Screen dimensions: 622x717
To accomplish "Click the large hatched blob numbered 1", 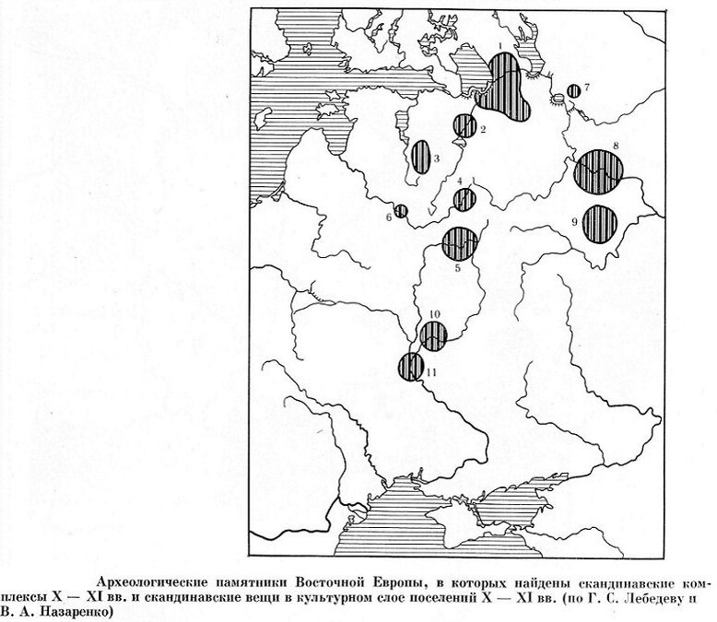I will (506, 85).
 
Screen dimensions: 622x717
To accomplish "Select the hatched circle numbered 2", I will (464, 125).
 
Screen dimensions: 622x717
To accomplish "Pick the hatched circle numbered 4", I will (464, 199).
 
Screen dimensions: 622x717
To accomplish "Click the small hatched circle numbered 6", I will (401, 211).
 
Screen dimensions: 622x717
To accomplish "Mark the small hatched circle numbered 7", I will (573, 90).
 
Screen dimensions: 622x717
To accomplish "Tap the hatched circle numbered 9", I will (600, 224).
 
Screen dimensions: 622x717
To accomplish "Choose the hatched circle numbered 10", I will (434, 336).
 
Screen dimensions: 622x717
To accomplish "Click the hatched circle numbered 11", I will (410, 367).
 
